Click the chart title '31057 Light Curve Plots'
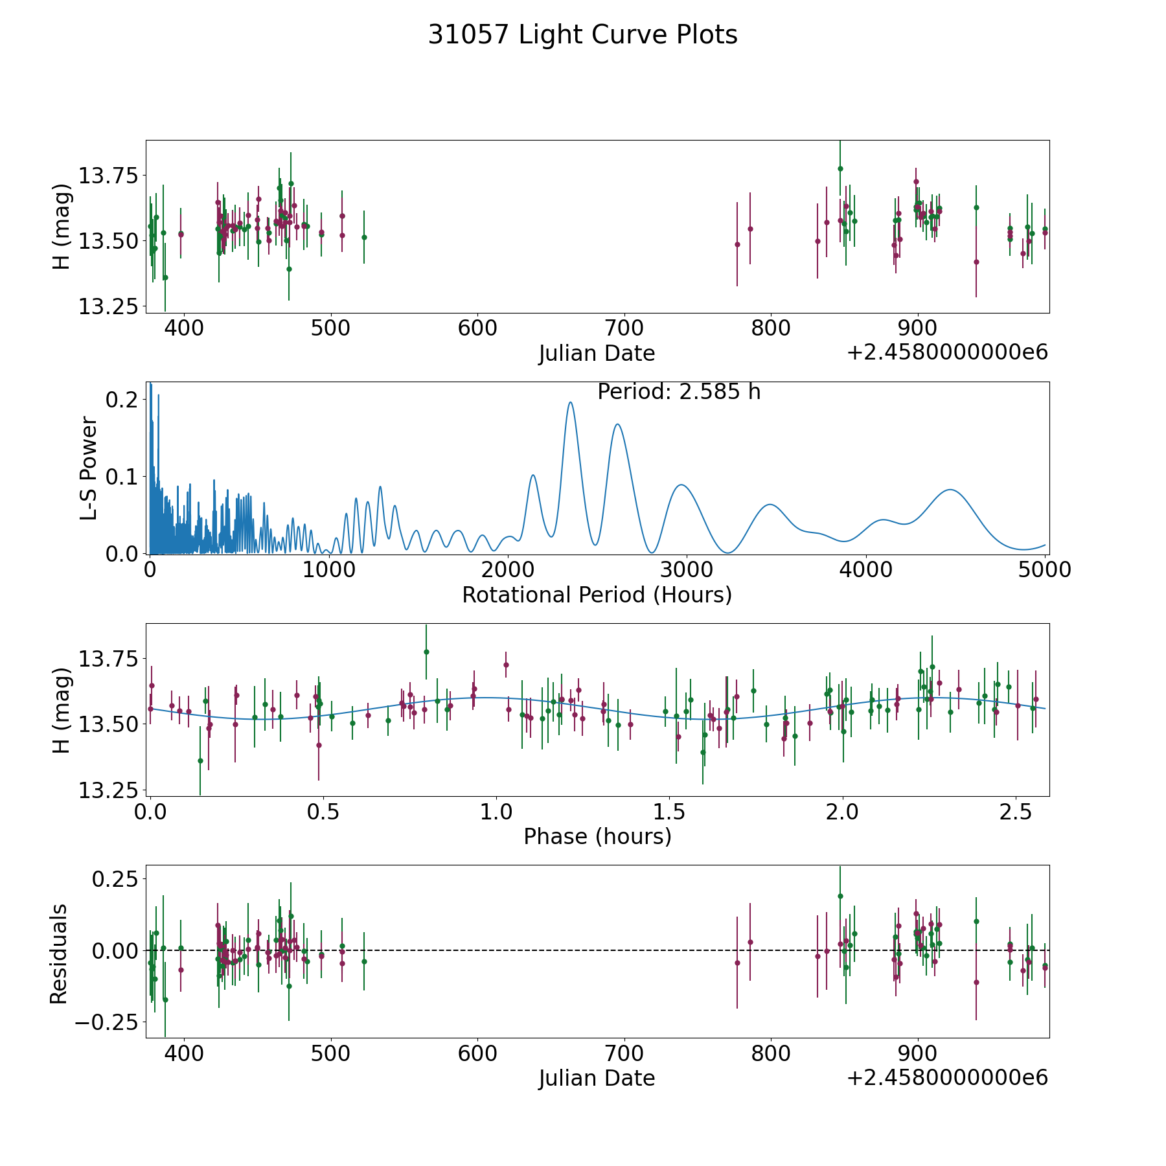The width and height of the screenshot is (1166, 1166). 582,35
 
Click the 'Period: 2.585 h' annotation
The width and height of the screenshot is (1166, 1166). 679,392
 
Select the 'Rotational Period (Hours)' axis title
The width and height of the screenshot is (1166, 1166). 597,595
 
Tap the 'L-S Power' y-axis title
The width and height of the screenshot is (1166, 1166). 89,468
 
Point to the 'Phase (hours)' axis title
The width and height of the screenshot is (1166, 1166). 597,836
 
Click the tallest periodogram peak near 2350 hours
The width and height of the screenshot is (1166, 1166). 570,402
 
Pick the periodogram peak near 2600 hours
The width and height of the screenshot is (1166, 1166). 617,424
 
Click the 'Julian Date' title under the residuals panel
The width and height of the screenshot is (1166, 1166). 597,1078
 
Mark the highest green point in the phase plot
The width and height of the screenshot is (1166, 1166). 426,652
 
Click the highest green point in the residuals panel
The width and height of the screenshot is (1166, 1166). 840,897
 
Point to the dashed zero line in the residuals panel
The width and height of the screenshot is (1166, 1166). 597,950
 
